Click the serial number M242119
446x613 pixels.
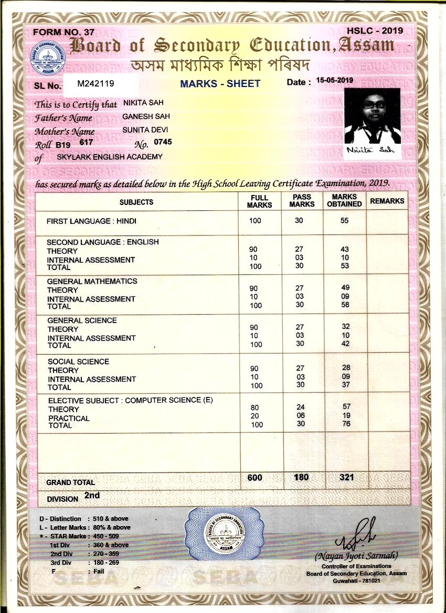click(x=95, y=83)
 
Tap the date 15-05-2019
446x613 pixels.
click(x=332, y=81)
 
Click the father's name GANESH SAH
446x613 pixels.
click(x=146, y=116)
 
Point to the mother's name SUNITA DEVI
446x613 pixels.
click(x=145, y=130)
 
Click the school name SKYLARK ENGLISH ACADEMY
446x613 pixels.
click(x=110, y=157)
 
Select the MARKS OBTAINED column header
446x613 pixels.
click(x=344, y=201)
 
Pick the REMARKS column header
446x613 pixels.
click(x=387, y=201)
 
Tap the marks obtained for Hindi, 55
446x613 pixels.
click(x=344, y=221)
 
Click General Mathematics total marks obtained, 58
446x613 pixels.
click(x=345, y=305)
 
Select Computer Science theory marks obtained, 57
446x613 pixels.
click(x=346, y=406)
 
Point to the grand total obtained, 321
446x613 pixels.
click(x=346, y=477)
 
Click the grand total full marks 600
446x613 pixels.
click(x=254, y=478)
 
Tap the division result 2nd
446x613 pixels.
click(x=92, y=496)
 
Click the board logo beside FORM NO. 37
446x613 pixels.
click(x=48, y=59)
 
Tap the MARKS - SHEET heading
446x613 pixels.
click(x=220, y=84)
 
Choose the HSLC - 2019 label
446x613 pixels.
click(x=375, y=30)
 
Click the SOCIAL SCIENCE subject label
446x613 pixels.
click(x=78, y=361)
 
